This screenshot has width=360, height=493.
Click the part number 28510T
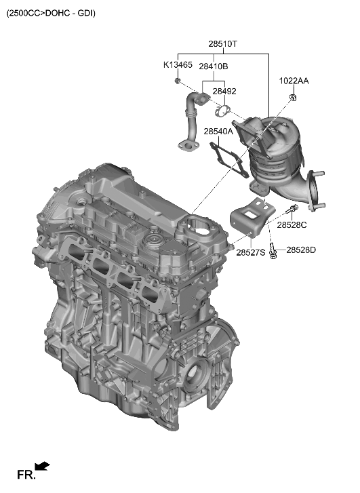pyautogui.click(x=222, y=44)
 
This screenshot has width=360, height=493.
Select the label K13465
pyautogui.click(x=178, y=66)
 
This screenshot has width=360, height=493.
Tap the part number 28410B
pyautogui.click(x=213, y=66)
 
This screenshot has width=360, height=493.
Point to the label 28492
pyautogui.click(x=224, y=91)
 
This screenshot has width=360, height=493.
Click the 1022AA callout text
pyautogui.click(x=294, y=81)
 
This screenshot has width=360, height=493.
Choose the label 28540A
pyautogui.click(x=218, y=132)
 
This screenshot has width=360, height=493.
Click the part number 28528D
pyautogui.click(x=301, y=250)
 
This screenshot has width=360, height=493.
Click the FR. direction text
pyautogui.click(x=26, y=475)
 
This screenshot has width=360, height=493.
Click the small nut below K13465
pyautogui.click(x=177, y=81)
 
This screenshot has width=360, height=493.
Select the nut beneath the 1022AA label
pyautogui.click(x=293, y=99)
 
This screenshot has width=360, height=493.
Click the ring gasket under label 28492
pyautogui.click(x=221, y=110)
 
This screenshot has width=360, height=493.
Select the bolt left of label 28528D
pyautogui.click(x=272, y=252)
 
